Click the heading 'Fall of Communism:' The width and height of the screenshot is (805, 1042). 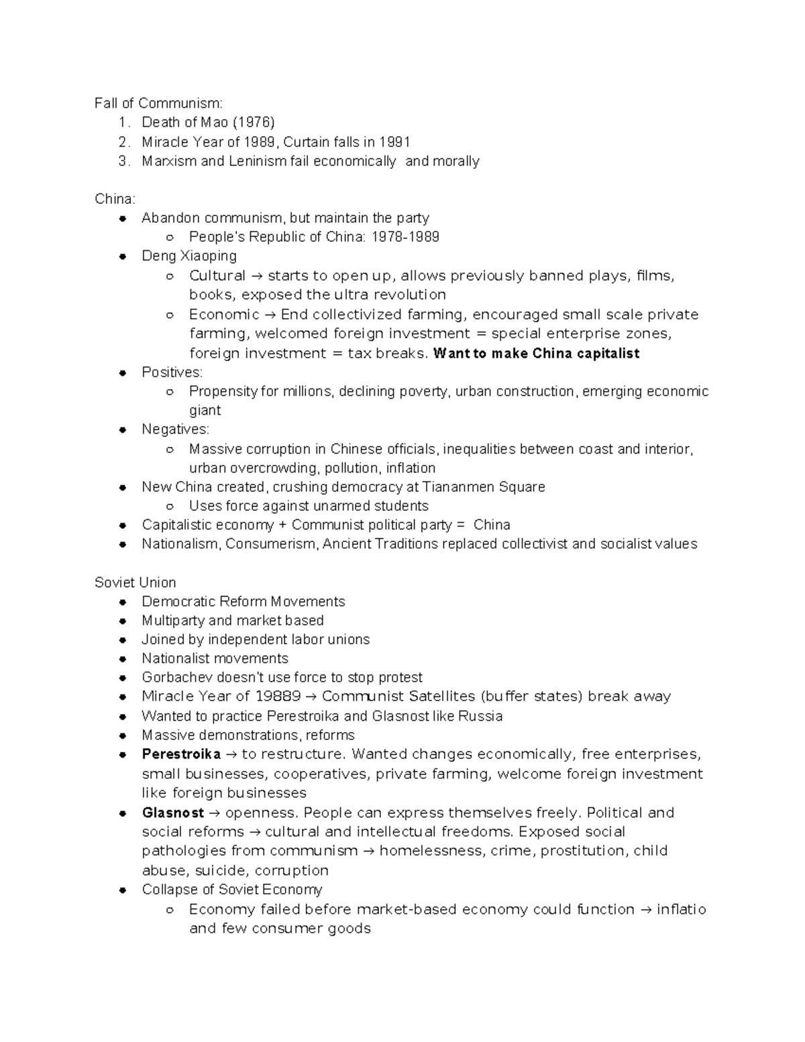click(158, 103)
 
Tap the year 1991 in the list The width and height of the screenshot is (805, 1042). click(394, 142)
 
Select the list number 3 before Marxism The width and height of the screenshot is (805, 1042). click(123, 161)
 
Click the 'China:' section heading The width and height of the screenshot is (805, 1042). click(115, 199)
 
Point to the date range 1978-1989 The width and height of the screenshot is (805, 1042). click(405, 237)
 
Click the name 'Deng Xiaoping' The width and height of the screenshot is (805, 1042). click(189, 256)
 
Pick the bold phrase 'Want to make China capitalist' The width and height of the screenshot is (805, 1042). click(537, 354)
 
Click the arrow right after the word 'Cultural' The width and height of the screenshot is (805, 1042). click(257, 276)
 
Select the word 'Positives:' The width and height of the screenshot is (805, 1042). click(172, 372)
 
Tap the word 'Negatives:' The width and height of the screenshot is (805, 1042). click(175, 429)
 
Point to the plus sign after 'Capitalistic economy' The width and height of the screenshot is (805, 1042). click(282, 525)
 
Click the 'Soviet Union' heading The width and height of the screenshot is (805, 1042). click(136, 582)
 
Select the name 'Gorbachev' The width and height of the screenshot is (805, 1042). click(172, 678)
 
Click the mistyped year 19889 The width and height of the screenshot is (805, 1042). click(278, 696)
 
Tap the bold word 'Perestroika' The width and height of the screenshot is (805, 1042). click(181, 754)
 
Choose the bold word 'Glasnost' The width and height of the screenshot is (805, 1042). click(173, 813)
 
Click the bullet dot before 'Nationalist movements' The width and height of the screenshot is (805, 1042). click(123, 659)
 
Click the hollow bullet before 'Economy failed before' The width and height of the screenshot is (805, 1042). click(170, 910)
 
